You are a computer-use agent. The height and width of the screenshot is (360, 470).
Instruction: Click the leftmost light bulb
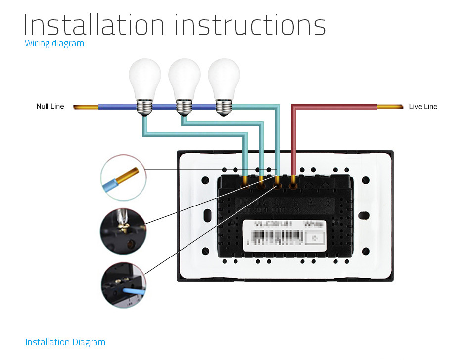144,79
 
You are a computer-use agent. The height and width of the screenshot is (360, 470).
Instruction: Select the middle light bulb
184,79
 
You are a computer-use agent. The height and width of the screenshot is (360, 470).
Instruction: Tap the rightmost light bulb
224,79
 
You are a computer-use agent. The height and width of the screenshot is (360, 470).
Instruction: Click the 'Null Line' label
50,106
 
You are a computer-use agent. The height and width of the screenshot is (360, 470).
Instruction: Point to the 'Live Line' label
423,106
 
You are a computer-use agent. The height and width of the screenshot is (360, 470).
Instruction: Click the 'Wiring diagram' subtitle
54,43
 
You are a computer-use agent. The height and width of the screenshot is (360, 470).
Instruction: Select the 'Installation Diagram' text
65,342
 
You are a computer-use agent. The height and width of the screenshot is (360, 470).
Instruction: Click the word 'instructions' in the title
250,25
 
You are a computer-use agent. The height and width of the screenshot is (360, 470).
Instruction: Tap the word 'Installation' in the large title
94,25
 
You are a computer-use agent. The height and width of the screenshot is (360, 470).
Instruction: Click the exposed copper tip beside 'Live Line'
390,106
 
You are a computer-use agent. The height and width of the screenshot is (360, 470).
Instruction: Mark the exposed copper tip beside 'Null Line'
85,107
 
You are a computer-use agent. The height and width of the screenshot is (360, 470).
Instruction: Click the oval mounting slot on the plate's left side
207,216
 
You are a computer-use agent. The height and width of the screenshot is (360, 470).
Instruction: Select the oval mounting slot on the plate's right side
364,216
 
